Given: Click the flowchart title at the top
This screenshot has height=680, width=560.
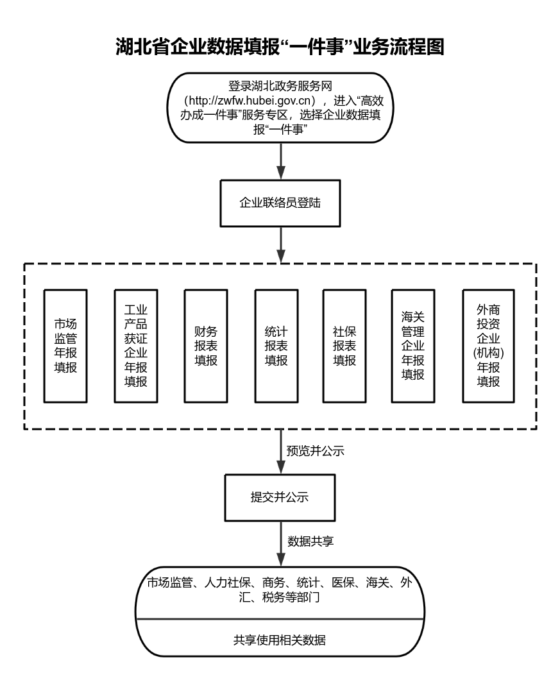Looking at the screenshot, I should coord(280,46).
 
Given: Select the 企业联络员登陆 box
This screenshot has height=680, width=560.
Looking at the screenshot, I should coord(280,204).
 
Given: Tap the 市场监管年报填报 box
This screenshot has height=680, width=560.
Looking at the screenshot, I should coord(65,346).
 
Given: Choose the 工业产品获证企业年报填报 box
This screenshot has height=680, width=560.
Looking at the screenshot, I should coord(135,346).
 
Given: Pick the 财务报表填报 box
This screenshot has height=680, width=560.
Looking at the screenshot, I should coord(206,346).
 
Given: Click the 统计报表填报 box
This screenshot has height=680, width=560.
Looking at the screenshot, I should coord(276,346).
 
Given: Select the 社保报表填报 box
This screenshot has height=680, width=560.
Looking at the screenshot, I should coord(344,346).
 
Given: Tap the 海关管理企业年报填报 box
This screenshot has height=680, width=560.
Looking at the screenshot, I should coord(413,346).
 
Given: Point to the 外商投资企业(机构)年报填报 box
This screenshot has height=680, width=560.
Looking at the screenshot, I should coord(488,346).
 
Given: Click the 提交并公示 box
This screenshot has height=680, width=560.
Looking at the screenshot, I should coord(280,497).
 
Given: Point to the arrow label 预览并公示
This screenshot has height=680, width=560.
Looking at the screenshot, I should coord(315,450).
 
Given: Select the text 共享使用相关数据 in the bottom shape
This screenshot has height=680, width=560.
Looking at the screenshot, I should coord(280,639).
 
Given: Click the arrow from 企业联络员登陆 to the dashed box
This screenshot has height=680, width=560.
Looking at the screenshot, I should coord(280,244).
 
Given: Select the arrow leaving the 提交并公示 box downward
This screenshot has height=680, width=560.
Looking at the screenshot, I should coord(280,542).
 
